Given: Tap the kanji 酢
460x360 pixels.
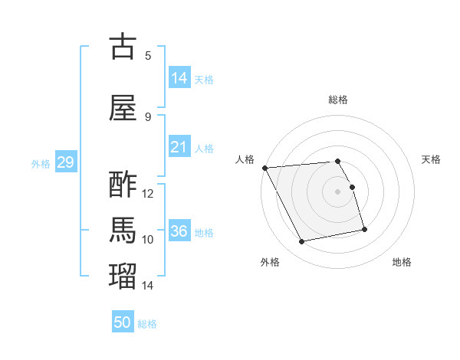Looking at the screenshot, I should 123,185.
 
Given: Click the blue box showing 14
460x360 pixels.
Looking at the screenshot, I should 179,78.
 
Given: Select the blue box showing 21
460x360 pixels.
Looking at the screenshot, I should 179,148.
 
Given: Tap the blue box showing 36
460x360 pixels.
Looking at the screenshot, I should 179,231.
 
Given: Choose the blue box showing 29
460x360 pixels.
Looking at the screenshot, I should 65,162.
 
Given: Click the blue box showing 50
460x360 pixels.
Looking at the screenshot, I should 123,322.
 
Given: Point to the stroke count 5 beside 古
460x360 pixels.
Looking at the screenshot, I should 148,55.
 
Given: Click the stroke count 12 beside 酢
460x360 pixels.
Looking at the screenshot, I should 148,194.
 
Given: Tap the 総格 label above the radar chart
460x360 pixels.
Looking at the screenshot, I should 337,100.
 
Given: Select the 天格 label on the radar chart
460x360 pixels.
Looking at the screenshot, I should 431,159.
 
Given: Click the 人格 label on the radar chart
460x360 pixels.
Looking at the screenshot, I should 245,159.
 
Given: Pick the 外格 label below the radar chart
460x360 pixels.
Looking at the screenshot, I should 270,262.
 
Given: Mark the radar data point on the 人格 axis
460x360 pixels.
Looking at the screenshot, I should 264,168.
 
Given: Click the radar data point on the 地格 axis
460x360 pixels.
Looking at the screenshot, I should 364,229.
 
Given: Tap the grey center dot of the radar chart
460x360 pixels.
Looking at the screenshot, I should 337,191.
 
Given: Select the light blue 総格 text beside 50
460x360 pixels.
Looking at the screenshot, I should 147,324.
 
